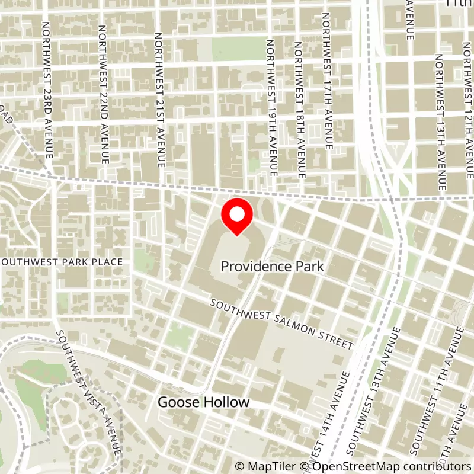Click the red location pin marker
coord(237,217)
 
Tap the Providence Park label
coord(273,267)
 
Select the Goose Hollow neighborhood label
coord(203,403)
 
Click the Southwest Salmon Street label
coord(282,324)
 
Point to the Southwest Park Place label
coord(62,261)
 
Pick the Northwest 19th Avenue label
coord(271,108)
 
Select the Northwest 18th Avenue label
coord(300,110)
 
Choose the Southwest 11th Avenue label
coord(435,391)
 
